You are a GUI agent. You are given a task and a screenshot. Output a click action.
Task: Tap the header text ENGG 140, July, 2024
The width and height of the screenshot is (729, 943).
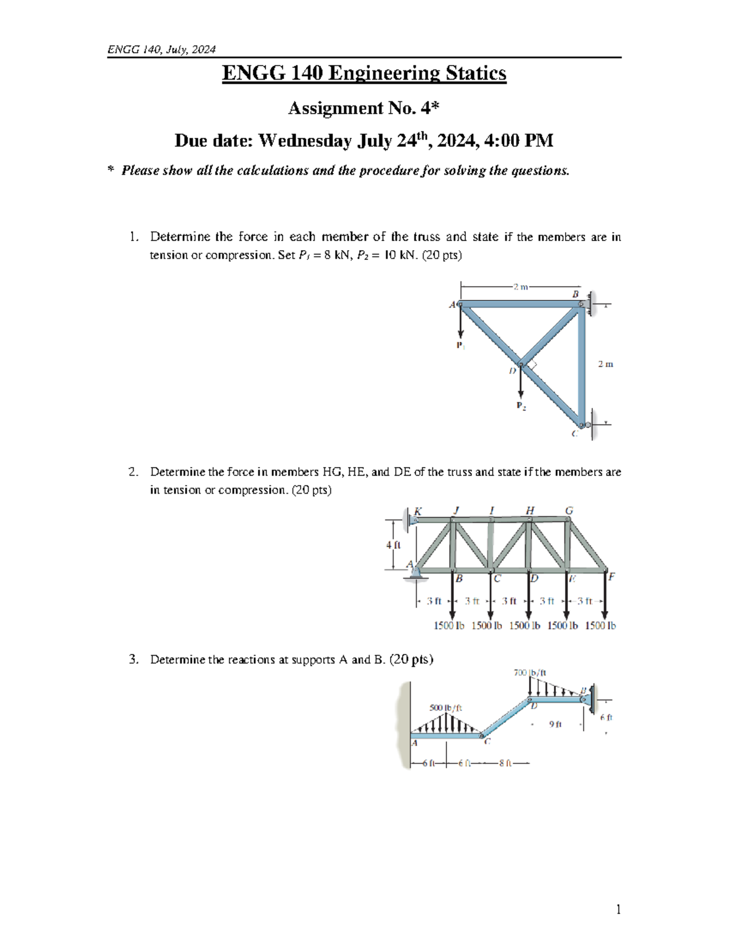tap(161, 50)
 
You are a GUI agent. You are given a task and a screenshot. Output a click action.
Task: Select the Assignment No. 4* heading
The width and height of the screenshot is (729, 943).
tap(363, 108)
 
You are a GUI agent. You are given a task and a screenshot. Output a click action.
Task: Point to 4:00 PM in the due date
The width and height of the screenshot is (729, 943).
tap(522, 141)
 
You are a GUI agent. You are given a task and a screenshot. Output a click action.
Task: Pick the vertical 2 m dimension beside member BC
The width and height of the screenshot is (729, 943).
tap(605, 364)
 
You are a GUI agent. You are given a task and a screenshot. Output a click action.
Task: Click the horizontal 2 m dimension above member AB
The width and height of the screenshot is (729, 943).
tap(520, 287)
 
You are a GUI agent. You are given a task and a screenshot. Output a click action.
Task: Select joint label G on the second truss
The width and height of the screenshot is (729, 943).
tap(569, 511)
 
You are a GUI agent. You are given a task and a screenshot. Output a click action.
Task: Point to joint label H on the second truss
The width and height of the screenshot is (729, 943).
tap(530, 511)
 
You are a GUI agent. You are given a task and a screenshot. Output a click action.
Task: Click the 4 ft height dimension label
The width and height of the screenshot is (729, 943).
tap(393, 545)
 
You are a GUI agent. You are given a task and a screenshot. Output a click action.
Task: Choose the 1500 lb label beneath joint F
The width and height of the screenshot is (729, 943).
tap(600, 625)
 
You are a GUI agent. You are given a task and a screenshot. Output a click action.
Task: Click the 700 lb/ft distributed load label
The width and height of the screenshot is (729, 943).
tap(530, 673)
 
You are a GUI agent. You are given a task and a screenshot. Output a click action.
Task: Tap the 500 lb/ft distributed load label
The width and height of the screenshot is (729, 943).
tap(445, 708)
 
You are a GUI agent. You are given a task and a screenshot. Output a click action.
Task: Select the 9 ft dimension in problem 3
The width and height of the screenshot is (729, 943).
tap(555, 724)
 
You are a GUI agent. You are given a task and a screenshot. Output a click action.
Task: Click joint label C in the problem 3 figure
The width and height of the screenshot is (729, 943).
tap(487, 741)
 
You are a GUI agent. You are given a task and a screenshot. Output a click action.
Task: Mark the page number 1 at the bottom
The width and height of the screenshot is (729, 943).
tap(618, 909)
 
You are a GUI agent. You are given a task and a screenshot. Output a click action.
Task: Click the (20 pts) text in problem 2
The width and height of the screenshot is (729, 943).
tap(312, 490)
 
